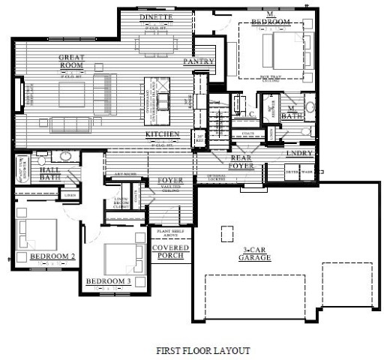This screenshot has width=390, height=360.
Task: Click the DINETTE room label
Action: click(x=157, y=17)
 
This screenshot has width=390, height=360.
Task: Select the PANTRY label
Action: click(x=199, y=62)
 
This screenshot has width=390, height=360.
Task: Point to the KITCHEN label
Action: click(x=162, y=134)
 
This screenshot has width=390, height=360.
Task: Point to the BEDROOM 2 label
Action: click(x=52, y=256)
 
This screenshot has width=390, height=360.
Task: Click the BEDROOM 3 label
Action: click(x=108, y=281)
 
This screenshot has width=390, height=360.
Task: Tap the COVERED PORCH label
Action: click(x=170, y=253)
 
